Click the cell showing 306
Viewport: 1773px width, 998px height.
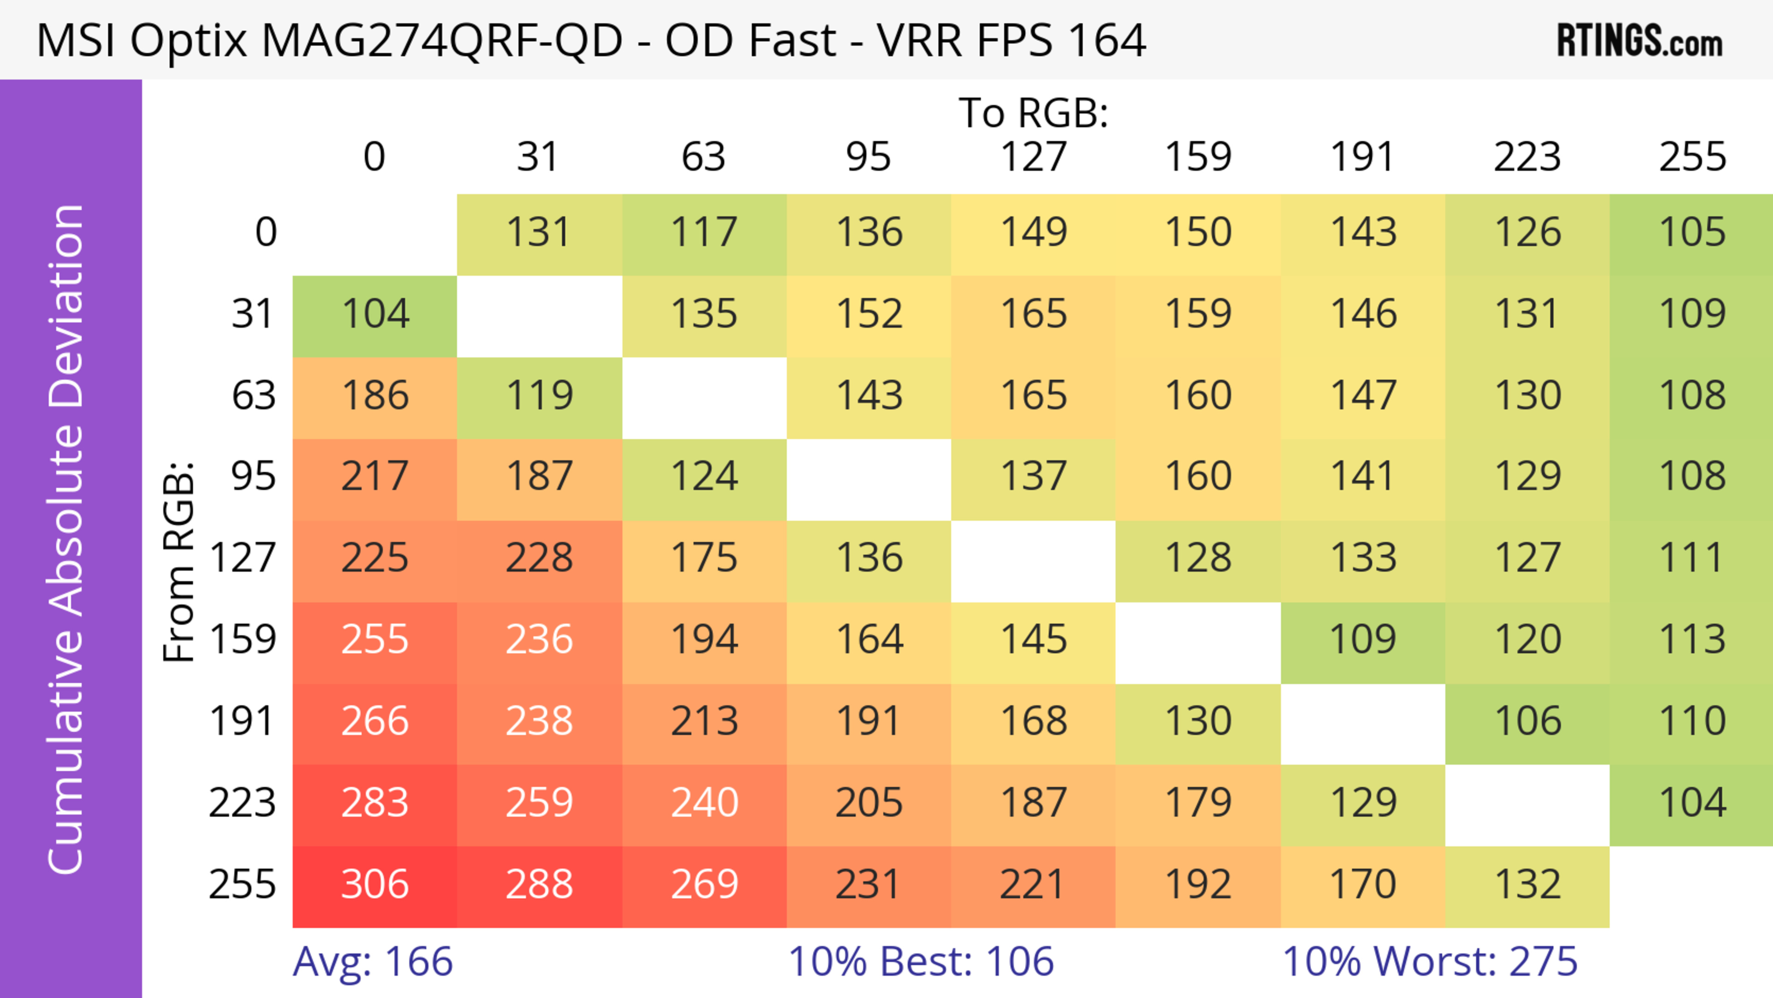tap(374, 885)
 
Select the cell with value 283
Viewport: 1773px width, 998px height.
tap(374, 803)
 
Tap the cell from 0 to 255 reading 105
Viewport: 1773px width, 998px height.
tap(1692, 233)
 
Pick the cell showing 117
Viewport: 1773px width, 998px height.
tap(704, 233)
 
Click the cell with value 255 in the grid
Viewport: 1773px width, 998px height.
tap(374, 640)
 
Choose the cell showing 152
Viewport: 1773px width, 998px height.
tap(868, 315)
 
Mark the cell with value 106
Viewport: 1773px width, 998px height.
tap(1527, 722)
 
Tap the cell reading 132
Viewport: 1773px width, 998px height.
tap(1527, 885)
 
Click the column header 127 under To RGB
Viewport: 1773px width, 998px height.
tap(1033, 157)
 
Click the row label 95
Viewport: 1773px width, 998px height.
tap(253, 476)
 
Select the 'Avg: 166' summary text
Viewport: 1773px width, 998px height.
tap(372, 962)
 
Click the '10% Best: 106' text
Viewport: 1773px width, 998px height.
tap(921, 962)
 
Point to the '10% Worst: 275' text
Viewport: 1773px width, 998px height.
tap(1429, 962)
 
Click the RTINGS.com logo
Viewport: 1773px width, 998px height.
tap(1640, 41)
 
